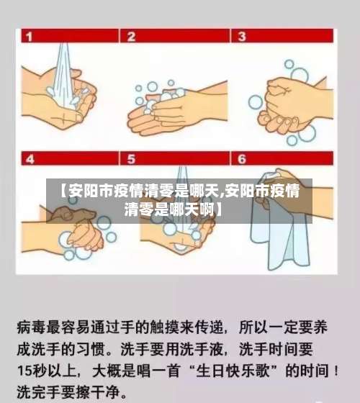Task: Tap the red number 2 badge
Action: click(x=132, y=35)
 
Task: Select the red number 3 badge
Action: click(x=241, y=35)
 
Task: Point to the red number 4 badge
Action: click(x=29, y=158)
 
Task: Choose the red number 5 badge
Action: click(x=132, y=158)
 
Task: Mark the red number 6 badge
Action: click(x=241, y=158)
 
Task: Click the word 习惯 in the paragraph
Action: click(x=93, y=350)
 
